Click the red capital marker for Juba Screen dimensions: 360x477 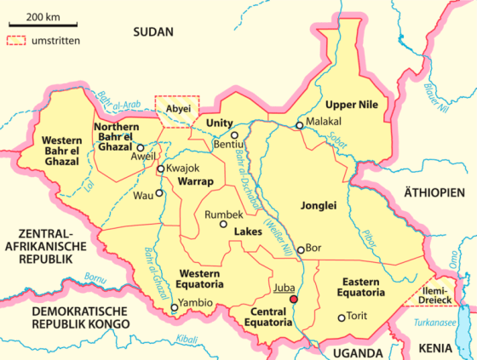tap(294, 300)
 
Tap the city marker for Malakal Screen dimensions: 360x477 tap(299, 126)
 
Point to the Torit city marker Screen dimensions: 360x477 tap(342, 318)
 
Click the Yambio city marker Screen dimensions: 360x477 tap(175, 308)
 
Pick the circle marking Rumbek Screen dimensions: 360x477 tap(223, 226)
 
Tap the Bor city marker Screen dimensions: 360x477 tap(301, 249)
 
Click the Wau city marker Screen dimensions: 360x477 tap(158, 193)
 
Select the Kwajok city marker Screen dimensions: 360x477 tap(160, 169)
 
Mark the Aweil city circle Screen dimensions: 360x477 tap(141, 147)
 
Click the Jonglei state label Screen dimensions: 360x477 tap(319, 205)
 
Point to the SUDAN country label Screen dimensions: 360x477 tap(152, 31)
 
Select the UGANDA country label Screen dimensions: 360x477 tap(356, 351)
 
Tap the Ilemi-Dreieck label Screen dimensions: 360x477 tap(446, 294)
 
